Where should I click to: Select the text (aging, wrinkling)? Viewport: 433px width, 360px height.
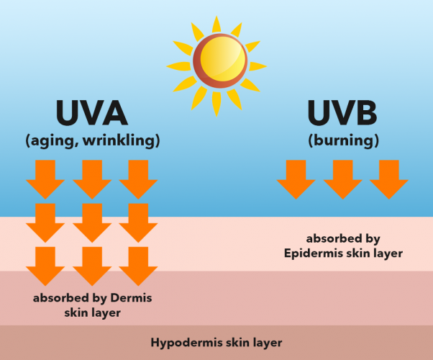point(92,140)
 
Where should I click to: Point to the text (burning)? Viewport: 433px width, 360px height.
point(343,140)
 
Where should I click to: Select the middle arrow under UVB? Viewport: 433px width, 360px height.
point(343,179)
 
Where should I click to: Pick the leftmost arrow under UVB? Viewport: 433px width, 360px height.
point(296,179)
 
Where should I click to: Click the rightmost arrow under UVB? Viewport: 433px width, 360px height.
point(389,179)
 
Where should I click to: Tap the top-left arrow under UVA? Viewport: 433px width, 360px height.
point(45,179)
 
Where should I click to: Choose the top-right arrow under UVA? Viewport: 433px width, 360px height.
point(138,179)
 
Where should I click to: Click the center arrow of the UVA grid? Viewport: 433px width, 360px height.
point(92,222)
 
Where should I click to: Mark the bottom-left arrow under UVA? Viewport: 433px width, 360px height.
point(45,266)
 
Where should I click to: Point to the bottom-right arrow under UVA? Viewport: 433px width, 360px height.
point(138,266)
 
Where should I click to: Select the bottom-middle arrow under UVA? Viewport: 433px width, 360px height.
point(92,266)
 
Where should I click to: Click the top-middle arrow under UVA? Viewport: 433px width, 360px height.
point(92,179)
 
